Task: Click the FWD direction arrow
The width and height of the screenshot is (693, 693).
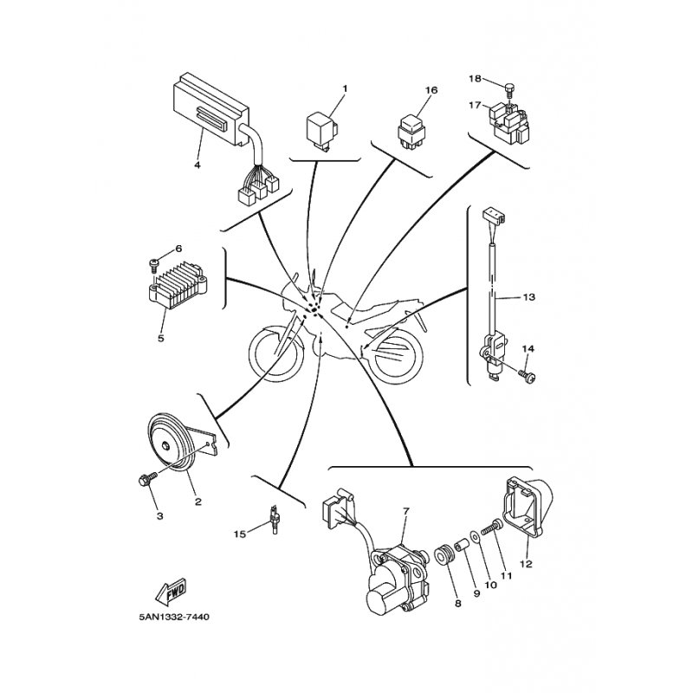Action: [x=171, y=593]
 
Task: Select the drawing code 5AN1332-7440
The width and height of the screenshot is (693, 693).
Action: [x=174, y=617]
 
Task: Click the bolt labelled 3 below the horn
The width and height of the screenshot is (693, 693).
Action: [x=148, y=479]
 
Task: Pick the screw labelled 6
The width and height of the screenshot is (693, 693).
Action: [x=154, y=265]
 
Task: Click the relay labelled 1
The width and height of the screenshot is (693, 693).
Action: [x=322, y=130]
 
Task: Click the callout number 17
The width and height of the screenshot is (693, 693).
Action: [x=475, y=106]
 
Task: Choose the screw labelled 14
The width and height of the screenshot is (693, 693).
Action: [x=528, y=376]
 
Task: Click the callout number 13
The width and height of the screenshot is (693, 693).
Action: [x=528, y=297]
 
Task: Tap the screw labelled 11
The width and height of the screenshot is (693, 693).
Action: [x=490, y=528]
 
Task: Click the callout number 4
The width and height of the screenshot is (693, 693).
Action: [x=198, y=165]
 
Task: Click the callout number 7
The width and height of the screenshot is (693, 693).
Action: [x=406, y=511]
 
